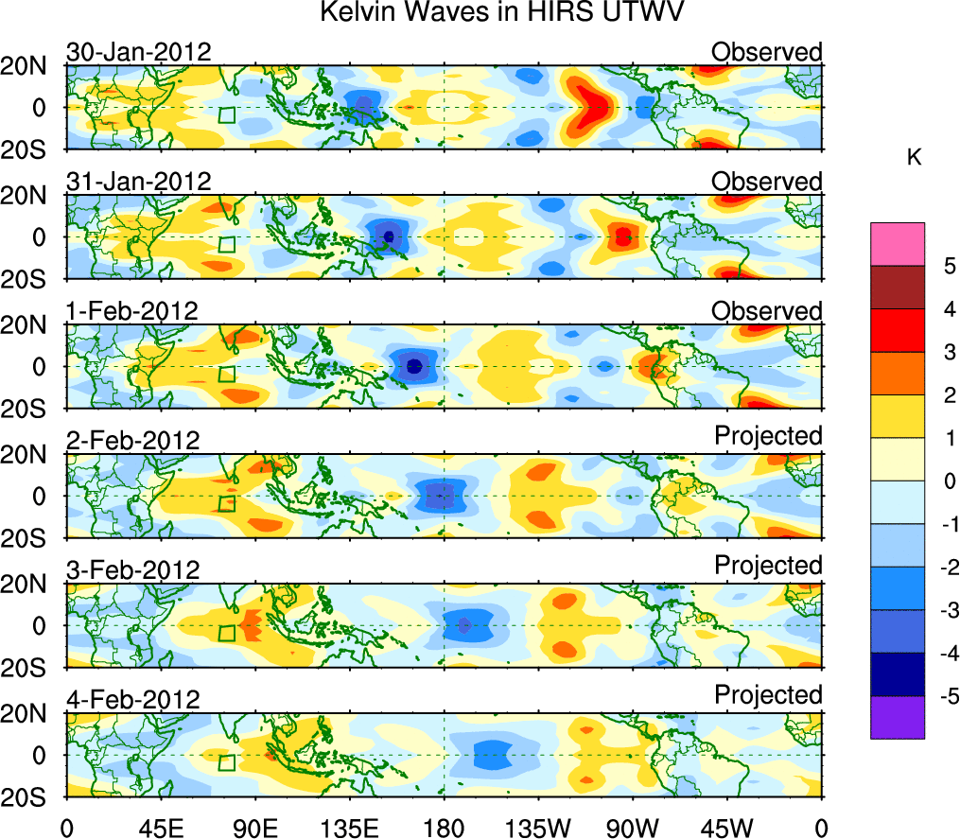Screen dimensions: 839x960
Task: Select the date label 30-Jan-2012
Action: coord(138,52)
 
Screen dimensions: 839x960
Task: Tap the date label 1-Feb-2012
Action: coord(131,311)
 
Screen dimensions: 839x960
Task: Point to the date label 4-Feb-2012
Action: coord(132,700)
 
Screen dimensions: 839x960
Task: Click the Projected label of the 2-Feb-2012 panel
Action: coord(768,436)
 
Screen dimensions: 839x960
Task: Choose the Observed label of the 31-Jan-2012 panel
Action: coord(767,181)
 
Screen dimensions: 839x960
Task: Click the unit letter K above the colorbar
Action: coord(914,158)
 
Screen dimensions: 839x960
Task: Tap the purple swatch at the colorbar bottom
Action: coord(897,717)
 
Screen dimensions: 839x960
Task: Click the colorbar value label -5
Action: coord(943,696)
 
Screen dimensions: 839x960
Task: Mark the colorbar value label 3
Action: coord(943,352)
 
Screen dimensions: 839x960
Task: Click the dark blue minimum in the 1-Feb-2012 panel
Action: coord(413,366)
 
